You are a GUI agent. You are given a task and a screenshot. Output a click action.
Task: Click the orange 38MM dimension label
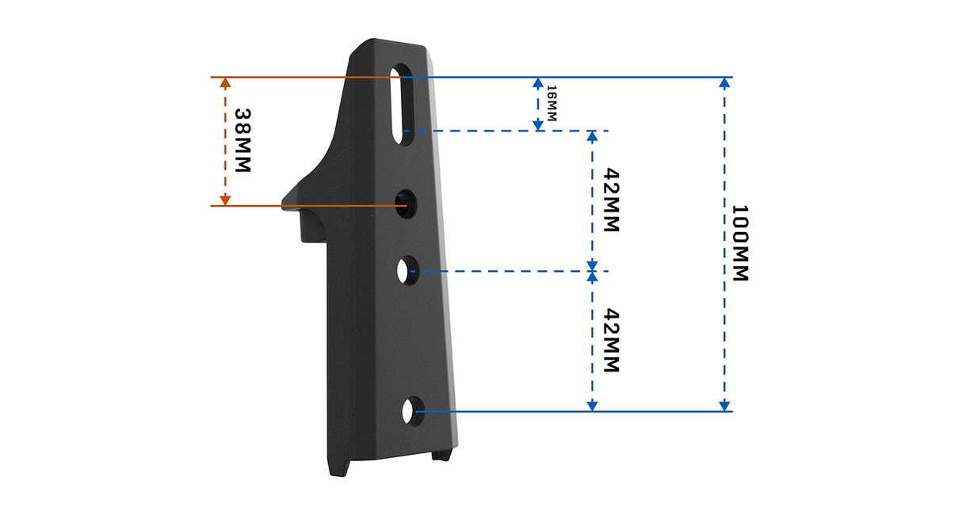pyautogui.click(x=242, y=141)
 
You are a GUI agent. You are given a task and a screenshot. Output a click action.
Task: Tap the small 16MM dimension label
pyautogui.click(x=552, y=103)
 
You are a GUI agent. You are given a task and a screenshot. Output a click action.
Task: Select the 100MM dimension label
pyautogui.click(x=739, y=243)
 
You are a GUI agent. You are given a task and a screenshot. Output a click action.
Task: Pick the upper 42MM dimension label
pyautogui.click(x=609, y=199)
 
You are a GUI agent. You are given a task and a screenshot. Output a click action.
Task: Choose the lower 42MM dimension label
pyautogui.click(x=609, y=341)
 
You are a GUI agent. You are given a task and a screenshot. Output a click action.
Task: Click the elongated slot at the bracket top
pyautogui.click(x=403, y=104)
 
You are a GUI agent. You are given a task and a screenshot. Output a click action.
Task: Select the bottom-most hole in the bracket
pyautogui.click(x=409, y=411)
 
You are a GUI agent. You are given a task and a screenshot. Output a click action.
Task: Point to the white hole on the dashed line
pyautogui.click(x=407, y=271)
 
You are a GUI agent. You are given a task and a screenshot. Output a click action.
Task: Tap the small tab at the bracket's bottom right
pyautogui.click(x=441, y=455)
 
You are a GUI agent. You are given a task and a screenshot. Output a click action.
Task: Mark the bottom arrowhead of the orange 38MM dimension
pyautogui.click(x=225, y=200)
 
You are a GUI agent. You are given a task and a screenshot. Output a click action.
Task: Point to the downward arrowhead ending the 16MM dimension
pyautogui.click(x=538, y=124)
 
